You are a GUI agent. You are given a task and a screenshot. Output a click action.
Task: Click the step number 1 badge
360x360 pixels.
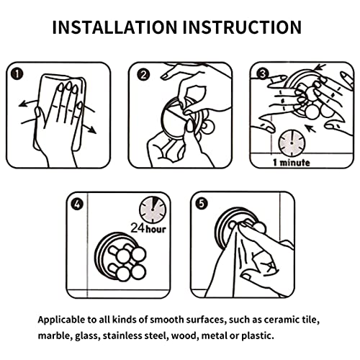pos(17,74)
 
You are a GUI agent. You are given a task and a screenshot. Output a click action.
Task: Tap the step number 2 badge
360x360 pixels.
pos(143,75)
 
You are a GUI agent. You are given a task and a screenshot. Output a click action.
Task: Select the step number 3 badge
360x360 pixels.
pos(263,74)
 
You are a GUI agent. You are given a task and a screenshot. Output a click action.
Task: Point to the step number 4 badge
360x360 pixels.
pos(77,204)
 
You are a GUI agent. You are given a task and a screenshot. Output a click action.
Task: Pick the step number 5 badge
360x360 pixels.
pos(202,204)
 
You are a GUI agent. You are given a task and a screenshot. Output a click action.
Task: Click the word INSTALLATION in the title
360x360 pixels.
pos(114,27)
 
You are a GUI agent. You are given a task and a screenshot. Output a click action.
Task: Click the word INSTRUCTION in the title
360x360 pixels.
pos(242,27)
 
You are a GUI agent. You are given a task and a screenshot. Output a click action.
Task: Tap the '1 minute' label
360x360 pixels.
pos(292,163)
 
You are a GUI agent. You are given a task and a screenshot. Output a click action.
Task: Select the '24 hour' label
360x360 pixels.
pos(148,228)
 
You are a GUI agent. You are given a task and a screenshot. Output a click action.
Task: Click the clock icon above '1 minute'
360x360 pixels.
pos(292,143)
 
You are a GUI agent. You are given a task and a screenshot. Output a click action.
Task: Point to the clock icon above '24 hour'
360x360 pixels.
pos(153,210)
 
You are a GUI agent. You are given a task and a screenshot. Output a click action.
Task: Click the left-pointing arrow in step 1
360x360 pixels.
pos(29,103)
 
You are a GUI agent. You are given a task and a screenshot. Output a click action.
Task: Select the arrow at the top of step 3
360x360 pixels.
pos(320,68)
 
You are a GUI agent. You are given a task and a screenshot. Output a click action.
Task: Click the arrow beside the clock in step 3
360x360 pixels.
pos(311,128)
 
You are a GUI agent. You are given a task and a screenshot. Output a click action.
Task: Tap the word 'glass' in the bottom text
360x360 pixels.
pos(86,336)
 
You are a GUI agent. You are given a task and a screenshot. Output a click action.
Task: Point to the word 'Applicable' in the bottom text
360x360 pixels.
pos(61,320)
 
